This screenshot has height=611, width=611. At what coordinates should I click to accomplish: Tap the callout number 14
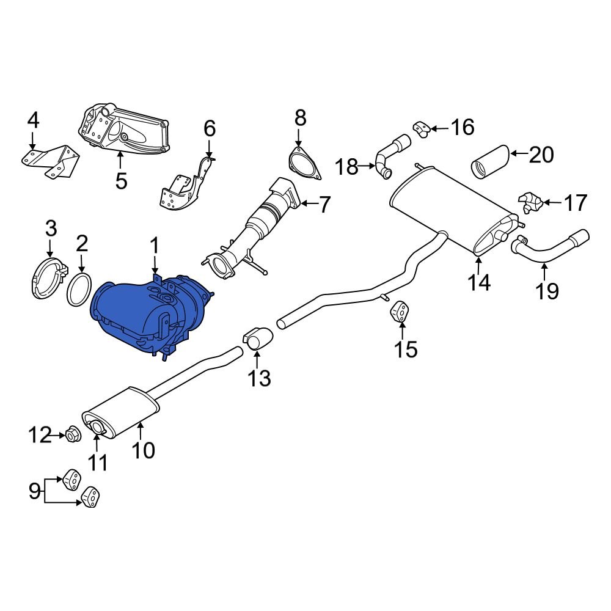click(x=480, y=282)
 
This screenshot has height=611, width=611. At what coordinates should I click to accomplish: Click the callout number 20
click(x=541, y=155)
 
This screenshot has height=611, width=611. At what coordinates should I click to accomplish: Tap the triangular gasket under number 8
click(x=304, y=164)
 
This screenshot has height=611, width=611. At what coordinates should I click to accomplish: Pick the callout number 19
click(x=548, y=290)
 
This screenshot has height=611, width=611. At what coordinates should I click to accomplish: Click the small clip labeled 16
click(x=420, y=129)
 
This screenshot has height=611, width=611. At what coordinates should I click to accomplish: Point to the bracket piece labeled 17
click(x=529, y=202)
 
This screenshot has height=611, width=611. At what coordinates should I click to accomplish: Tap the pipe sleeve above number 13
click(x=260, y=338)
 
